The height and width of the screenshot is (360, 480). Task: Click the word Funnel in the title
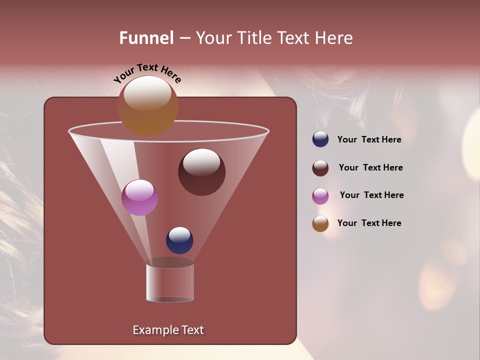pos(146,38)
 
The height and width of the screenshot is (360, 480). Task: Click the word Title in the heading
pos(254,38)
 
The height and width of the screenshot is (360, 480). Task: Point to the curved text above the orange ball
pos(147,73)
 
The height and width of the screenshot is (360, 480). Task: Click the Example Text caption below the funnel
pos(168,330)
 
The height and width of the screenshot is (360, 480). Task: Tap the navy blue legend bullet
pos(320,139)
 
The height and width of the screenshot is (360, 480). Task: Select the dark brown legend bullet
pos(320,168)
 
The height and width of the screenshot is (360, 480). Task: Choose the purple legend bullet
pos(320,196)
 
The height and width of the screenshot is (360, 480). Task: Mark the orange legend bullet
pos(320,223)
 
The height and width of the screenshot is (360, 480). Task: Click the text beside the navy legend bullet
pos(369,140)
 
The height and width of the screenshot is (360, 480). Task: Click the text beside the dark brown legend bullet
pos(370,168)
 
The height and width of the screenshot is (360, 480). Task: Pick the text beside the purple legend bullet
pos(371,195)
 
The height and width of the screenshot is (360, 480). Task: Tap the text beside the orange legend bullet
pos(369,223)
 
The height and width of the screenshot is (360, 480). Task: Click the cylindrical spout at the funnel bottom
pos(170,282)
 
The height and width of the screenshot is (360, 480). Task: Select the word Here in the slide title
pos(334,38)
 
